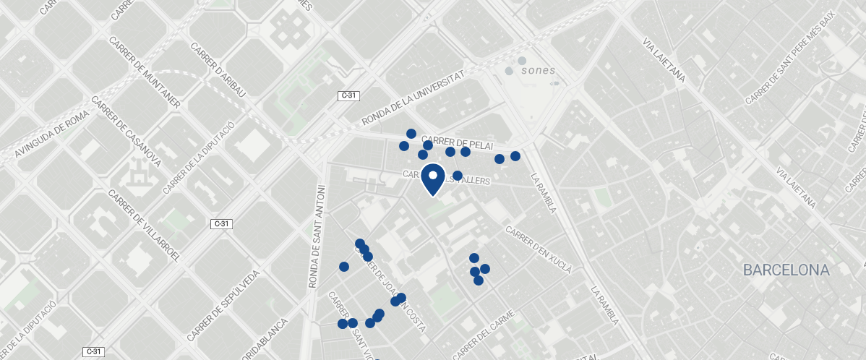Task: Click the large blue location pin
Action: tap(432, 179)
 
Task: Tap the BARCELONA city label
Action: tap(786, 270)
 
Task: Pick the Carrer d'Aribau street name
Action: tap(218, 71)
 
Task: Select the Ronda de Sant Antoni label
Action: tap(316, 237)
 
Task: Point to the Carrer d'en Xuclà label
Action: tap(539, 250)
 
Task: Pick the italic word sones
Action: tap(538, 71)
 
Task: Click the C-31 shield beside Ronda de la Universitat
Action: tap(348, 95)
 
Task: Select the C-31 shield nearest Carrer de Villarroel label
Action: tap(223, 224)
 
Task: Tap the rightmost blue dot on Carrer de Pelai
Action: tap(515, 156)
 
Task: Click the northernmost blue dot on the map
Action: tap(411, 134)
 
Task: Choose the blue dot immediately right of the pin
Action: tap(458, 176)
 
